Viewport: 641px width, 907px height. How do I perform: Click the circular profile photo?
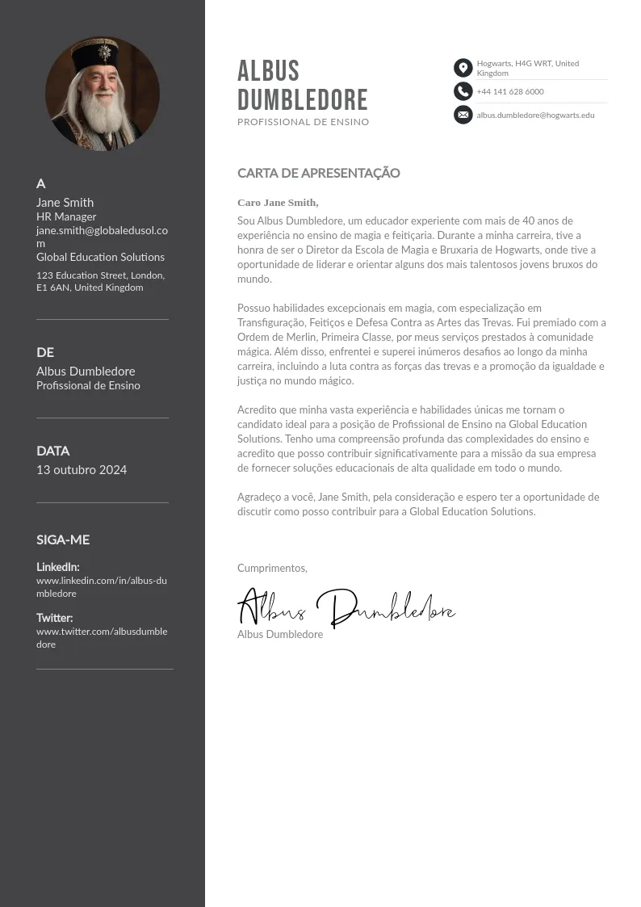tap(103, 94)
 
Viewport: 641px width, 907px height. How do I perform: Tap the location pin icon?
tap(463, 68)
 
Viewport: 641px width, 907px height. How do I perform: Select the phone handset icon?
tap(463, 91)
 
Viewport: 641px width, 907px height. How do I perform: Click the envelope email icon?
tap(463, 115)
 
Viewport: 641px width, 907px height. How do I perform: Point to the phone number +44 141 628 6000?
tap(510, 92)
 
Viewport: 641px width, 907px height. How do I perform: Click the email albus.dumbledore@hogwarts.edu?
tap(535, 115)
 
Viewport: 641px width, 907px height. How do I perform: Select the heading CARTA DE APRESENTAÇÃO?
tap(318, 173)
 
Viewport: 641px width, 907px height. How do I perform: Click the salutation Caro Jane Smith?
tap(278, 203)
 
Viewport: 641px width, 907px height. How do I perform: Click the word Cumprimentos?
tap(272, 569)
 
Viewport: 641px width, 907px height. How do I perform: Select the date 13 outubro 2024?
tap(82, 470)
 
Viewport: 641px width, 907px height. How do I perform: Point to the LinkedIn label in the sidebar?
tap(57, 567)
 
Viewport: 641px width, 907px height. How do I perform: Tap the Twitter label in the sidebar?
tap(54, 618)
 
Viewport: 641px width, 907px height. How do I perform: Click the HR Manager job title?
tap(66, 216)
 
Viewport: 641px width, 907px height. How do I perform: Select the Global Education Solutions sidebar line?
tap(100, 257)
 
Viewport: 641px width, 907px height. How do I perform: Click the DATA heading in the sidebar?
tap(53, 451)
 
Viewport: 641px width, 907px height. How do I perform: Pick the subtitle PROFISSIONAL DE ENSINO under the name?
tap(303, 122)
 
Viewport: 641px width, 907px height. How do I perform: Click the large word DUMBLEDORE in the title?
tap(303, 100)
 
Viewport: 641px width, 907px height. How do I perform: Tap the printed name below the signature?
tap(280, 635)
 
